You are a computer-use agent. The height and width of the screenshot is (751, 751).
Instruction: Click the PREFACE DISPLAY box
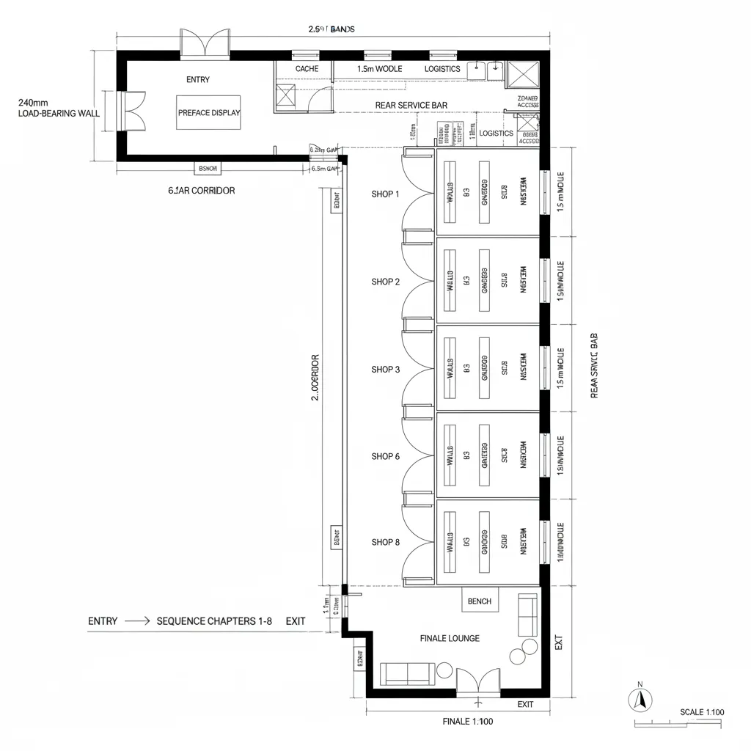tap(209, 113)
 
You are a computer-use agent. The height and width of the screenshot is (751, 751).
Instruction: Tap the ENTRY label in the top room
tap(197, 79)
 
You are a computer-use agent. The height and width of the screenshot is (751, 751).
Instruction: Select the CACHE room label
tap(307, 68)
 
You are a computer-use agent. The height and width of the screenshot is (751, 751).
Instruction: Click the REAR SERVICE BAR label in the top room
tap(411, 106)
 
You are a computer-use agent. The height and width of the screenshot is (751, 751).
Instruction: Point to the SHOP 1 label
tap(385, 194)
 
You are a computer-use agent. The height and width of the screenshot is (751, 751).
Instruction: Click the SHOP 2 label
tap(385, 282)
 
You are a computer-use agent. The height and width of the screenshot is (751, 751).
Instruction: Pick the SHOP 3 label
tap(385, 370)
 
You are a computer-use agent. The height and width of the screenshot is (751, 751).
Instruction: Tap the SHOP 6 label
tap(385, 456)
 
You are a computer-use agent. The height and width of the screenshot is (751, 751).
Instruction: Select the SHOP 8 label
tap(385, 543)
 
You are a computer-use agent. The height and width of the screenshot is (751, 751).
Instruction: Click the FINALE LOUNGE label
tap(450, 638)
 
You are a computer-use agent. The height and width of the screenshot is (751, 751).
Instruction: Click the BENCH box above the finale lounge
tap(480, 601)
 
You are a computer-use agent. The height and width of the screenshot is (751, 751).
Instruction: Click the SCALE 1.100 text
tap(702, 712)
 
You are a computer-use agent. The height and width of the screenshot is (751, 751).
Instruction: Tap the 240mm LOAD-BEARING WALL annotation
tap(58, 109)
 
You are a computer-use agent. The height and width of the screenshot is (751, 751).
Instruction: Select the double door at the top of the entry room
tap(207, 44)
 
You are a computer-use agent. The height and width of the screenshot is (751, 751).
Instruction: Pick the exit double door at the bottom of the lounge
tap(478, 682)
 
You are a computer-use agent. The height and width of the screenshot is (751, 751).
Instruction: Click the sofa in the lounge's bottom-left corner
tap(407, 673)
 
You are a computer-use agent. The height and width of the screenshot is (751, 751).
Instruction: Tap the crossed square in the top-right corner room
tap(523, 75)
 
